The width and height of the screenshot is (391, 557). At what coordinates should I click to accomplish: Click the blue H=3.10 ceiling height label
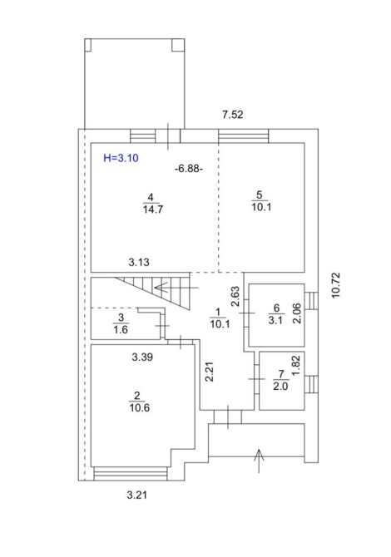tap(121, 158)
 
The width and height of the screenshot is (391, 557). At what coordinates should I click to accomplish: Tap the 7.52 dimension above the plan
tap(232, 115)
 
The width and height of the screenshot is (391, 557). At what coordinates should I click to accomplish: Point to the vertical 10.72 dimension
tap(336, 285)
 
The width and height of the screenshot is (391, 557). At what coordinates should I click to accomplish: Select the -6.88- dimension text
tap(189, 169)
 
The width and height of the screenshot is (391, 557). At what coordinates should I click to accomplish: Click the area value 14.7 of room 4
tap(153, 209)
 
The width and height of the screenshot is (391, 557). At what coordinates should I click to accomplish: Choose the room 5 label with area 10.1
tap(261, 201)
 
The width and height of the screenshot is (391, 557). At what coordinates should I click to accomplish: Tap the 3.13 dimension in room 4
tap(139, 263)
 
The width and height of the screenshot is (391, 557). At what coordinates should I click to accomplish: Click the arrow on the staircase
tap(176, 287)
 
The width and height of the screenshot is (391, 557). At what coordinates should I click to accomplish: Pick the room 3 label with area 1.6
tap(121, 324)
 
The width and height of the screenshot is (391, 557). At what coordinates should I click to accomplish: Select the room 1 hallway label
tap(220, 318)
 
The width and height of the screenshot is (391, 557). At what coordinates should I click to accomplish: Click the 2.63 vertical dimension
tap(235, 296)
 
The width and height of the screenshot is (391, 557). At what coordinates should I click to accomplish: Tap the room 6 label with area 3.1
tap(276, 314)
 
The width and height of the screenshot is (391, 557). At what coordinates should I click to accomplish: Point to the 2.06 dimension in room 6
tap(297, 313)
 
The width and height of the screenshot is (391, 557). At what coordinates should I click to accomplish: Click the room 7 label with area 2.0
tap(281, 380)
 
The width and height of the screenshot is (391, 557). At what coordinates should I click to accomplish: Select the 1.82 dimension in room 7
tap(296, 366)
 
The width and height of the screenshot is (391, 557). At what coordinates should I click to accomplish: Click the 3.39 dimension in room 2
tap(142, 357)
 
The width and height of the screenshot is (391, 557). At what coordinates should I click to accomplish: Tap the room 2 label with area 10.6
tap(139, 402)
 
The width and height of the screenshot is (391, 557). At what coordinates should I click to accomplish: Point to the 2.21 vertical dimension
tap(210, 372)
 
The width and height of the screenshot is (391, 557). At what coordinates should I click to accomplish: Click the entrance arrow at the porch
tap(259, 461)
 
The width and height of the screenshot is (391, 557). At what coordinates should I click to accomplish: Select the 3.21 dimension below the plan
tap(136, 495)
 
